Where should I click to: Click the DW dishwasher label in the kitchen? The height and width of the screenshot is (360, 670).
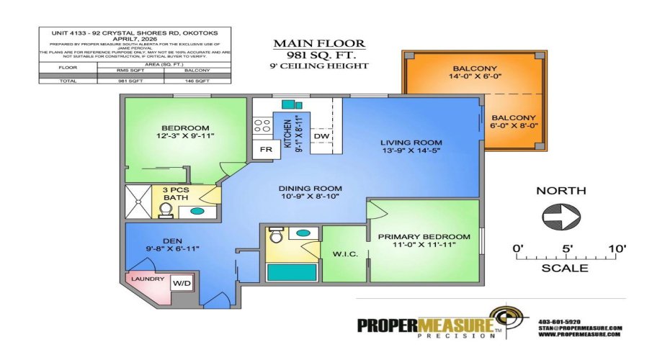point(321,135)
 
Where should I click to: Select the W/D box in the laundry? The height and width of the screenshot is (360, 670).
point(180,284)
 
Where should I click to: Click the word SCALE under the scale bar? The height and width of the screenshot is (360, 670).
point(564,269)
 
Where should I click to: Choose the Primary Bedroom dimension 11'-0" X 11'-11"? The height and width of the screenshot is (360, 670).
point(424,246)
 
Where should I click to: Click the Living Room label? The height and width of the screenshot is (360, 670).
point(411,143)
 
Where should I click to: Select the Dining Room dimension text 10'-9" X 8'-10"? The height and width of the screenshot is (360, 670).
point(311,198)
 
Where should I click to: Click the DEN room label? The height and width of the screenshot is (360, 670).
point(171,240)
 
